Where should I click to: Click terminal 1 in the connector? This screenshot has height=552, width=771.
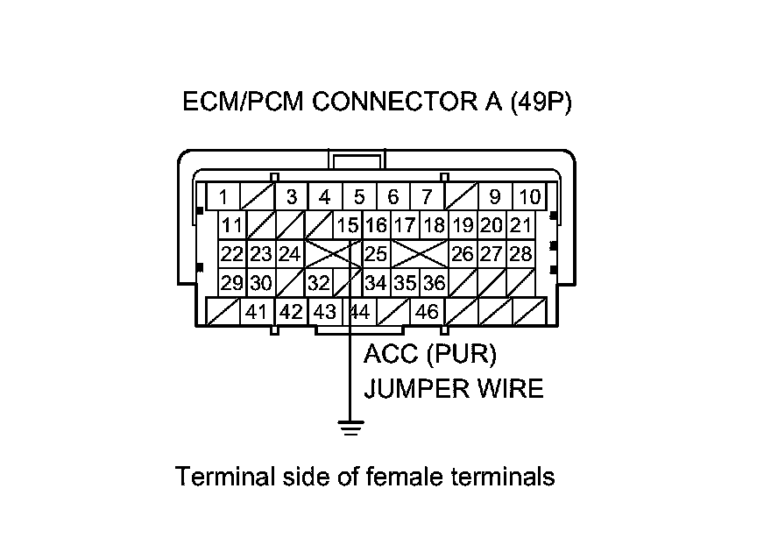tap(223, 197)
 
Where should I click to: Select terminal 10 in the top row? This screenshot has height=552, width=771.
tap(528, 197)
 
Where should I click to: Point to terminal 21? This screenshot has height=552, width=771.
tap(521, 225)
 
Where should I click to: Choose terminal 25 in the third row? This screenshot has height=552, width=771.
tap(376, 254)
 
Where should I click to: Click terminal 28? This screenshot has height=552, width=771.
tap(521, 254)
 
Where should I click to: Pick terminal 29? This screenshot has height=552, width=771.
tap(231, 283)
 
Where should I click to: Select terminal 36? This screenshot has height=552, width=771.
tap(434, 283)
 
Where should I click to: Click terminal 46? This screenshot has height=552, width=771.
tap(427, 311)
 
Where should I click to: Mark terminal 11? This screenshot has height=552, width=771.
tap(231, 225)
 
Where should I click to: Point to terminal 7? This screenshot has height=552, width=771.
tap(427, 197)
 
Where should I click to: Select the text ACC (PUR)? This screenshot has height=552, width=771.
tap(430, 355)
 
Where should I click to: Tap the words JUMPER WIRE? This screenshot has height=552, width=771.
tap(453, 387)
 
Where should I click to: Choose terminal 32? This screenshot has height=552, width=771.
tap(318, 283)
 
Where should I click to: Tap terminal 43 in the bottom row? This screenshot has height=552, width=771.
tap(324, 311)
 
